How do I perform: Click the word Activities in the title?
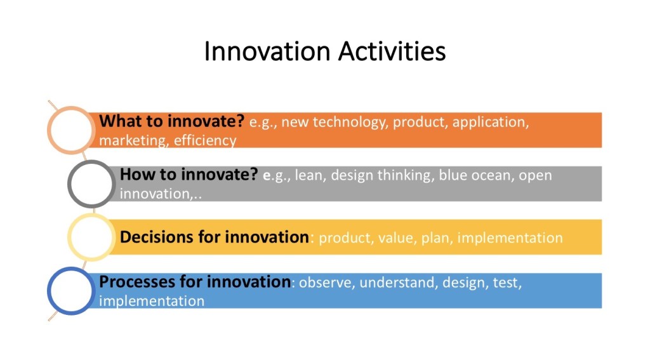point(392,51)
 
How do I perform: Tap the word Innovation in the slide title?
point(267,51)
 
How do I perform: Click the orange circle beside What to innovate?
point(50,130)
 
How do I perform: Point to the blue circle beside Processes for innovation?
point(50,291)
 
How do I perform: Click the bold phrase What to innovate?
point(172,121)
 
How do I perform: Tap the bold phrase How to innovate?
point(189,175)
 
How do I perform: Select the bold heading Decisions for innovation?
point(215,237)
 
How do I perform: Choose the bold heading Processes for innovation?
point(195,282)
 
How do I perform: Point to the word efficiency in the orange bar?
point(205,141)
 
